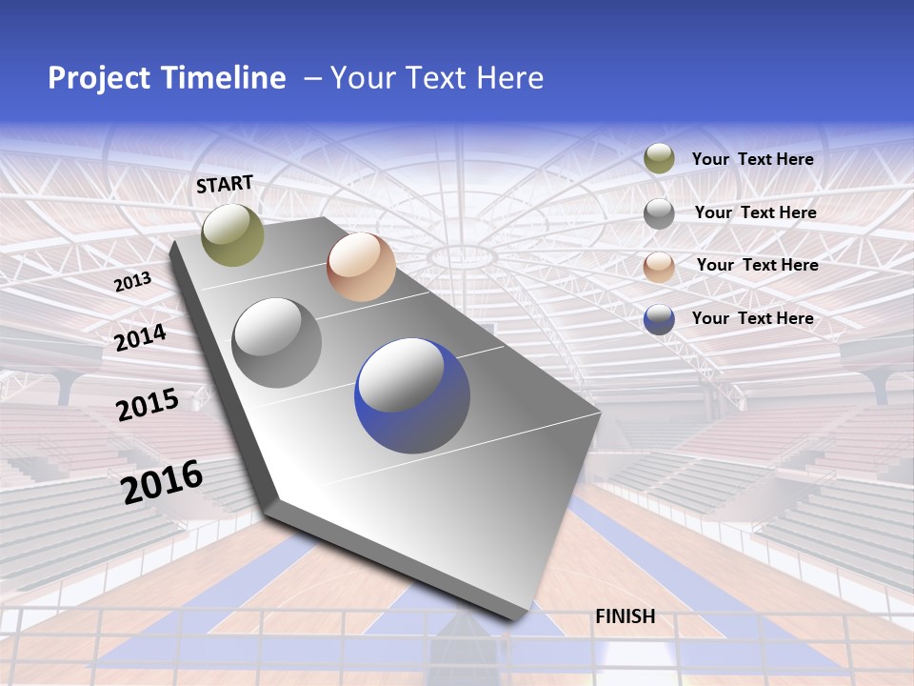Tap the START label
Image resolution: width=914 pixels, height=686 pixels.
point(225,184)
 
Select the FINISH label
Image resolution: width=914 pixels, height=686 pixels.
point(626,616)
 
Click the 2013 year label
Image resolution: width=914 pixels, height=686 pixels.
point(133,282)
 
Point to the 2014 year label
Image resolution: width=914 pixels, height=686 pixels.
point(141,337)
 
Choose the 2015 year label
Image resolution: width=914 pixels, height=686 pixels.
point(148,404)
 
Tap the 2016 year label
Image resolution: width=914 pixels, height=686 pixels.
point(162,481)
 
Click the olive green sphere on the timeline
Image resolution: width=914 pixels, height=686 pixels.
point(232,234)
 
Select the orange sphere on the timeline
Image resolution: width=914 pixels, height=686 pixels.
point(361,267)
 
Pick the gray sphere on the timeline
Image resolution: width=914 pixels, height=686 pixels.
point(277,342)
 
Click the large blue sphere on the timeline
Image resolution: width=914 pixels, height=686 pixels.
point(412,395)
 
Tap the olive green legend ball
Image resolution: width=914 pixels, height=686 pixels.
point(659,158)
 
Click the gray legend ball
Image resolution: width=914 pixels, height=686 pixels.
point(659,213)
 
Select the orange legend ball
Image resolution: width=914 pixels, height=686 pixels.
point(659,267)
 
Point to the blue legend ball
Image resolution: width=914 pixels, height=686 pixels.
point(659,319)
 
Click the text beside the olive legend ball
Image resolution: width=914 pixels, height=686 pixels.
point(753,159)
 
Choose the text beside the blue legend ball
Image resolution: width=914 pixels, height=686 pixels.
point(753,318)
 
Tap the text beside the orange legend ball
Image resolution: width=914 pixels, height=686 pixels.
point(758,265)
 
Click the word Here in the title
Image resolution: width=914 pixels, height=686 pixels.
point(509,78)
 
